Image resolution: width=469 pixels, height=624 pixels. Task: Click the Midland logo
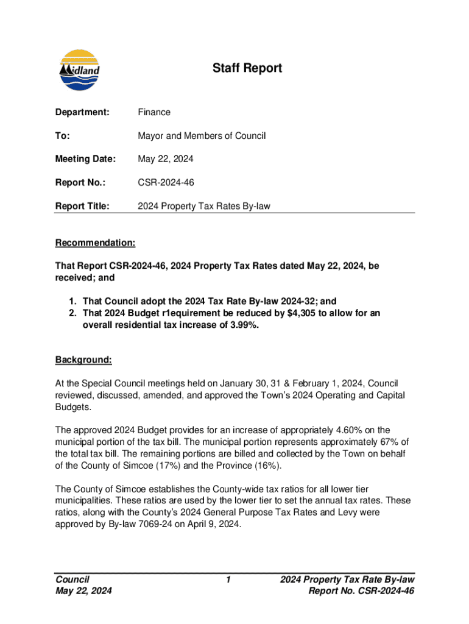79,70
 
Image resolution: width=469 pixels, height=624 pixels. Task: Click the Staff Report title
247,68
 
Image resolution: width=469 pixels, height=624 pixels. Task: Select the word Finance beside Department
154,112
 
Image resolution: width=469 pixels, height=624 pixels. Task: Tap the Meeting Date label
85,159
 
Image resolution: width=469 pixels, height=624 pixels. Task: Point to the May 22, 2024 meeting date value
166,159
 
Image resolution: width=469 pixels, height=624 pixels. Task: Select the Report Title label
82,207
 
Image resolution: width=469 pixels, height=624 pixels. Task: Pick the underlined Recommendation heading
95,243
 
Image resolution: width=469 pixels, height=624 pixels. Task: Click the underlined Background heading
83,360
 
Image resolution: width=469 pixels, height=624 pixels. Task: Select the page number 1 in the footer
227,580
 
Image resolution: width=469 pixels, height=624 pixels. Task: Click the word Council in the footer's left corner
72,580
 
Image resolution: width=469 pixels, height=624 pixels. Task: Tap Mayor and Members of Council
202,135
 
